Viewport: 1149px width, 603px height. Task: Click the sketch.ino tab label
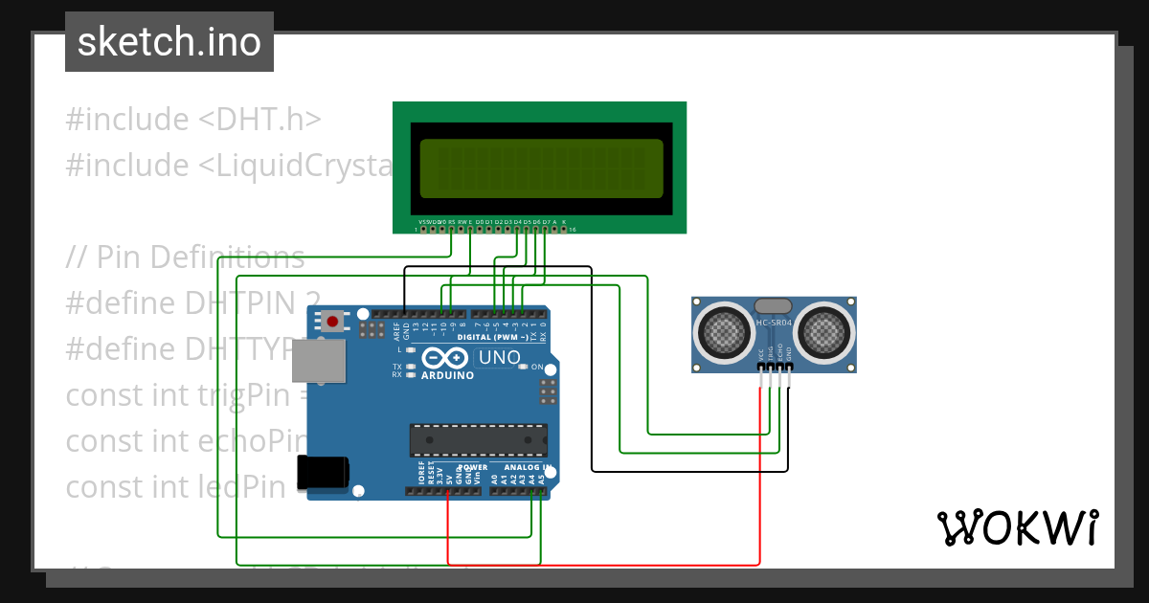pyautogui.click(x=169, y=42)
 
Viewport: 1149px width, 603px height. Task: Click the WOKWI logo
pyautogui.click(x=1017, y=527)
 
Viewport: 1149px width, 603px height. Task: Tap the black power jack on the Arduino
pyautogui.click(x=323, y=474)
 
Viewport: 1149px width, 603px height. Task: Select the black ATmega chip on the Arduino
pyautogui.click(x=478, y=439)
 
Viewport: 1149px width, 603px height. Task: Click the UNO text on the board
pyautogui.click(x=498, y=358)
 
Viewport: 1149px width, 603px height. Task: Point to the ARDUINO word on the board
pyautogui.click(x=447, y=375)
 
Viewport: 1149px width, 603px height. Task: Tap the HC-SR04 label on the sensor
pyautogui.click(x=774, y=323)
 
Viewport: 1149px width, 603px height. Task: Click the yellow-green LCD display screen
pyautogui.click(x=541, y=167)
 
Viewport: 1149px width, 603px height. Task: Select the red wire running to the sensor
pyautogui.click(x=760, y=479)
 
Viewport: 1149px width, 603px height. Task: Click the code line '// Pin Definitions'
pyautogui.click(x=186, y=257)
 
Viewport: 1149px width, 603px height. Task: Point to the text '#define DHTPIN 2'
pyautogui.click(x=191, y=303)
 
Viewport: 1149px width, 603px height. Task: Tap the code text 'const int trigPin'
pyautogui.click(x=182, y=394)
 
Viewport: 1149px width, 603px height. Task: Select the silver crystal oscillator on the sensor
pyautogui.click(x=773, y=306)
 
